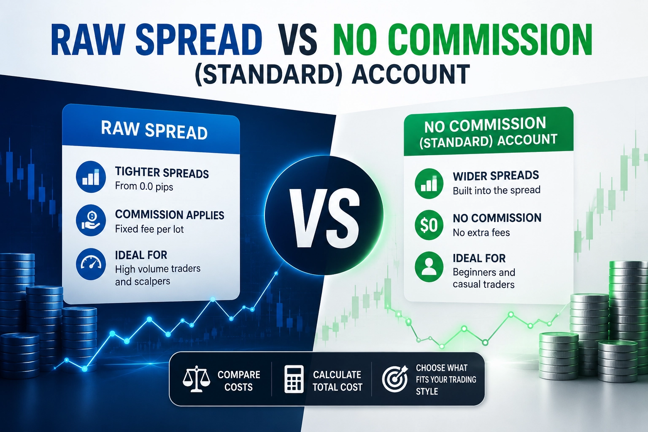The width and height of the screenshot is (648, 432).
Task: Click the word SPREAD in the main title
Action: point(199,40)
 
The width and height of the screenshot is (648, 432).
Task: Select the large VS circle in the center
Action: point(324,216)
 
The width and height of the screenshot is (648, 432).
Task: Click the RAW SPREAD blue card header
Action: point(151,130)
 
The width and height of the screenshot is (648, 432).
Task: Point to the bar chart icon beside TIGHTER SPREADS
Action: point(91,177)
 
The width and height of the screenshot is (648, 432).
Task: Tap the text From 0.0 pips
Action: point(144,186)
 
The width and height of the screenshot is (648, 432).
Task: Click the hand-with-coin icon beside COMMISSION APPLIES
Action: point(91,221)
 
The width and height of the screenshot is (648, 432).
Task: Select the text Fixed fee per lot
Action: point(149,229)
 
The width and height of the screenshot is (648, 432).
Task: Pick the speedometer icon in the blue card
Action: point(91,264)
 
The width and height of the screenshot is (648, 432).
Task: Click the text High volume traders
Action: point(158,269)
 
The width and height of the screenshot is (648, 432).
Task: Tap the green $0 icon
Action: point(429,225)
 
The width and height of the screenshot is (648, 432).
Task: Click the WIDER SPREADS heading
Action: point(496,175)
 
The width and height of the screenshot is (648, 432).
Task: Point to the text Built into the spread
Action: point(497,190)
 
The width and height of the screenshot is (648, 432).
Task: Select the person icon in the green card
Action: point(429,267)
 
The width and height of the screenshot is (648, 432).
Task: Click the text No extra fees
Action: point(481,232)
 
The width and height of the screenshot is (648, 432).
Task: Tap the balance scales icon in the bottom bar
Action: point(197,379)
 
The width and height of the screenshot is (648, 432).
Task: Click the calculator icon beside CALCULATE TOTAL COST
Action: point(294,379)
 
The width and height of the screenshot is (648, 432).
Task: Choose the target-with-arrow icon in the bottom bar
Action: point(394,378)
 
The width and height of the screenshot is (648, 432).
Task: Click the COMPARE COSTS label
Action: point(239,381)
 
